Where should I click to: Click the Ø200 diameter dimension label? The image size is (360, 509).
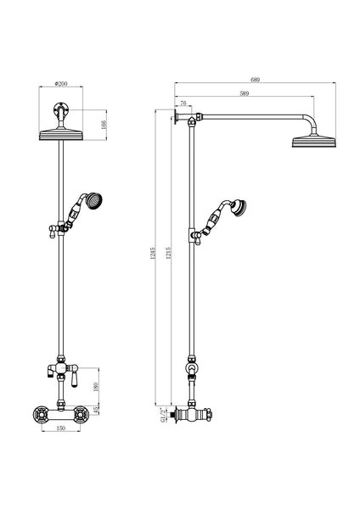(x=60, y=83)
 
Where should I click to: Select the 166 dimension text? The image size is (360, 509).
(x=103, y=125)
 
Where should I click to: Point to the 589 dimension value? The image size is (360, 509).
(x=245, y=93)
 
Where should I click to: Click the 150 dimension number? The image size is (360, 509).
(x=60, y=429)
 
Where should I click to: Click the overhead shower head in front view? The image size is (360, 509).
(x=60, y=133)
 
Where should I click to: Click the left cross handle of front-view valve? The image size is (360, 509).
(x=38, y=416)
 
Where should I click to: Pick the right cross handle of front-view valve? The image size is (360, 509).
(x=82, y=416)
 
